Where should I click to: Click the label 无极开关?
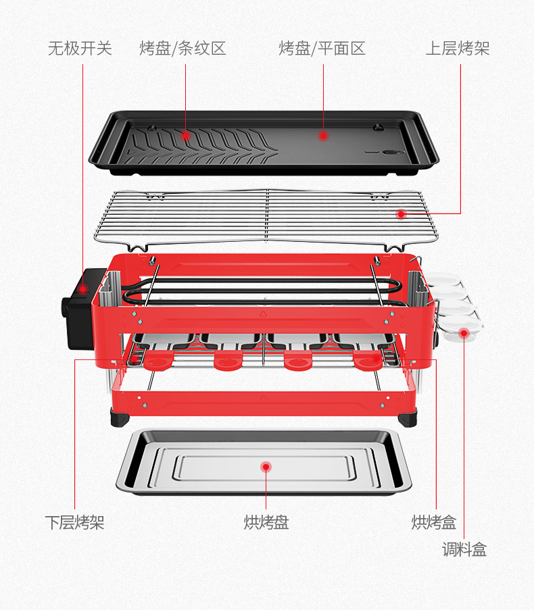pos(80,49)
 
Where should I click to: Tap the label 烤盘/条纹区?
pos(183,49)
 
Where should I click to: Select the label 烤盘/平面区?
pos(322,49)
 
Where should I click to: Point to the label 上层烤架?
pos(457,49)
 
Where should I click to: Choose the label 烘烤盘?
pos(266,522)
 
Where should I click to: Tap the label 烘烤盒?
pos(434,522)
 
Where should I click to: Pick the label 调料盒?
pos(464,549)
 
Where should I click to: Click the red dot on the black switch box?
pos(83,289)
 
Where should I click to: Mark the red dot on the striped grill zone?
pos(185,136)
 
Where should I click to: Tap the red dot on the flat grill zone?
pos(323,136)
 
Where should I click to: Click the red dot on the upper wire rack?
pos(401,214)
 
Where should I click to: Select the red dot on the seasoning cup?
pos(464,332)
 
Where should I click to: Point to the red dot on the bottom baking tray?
pos(266,466)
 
